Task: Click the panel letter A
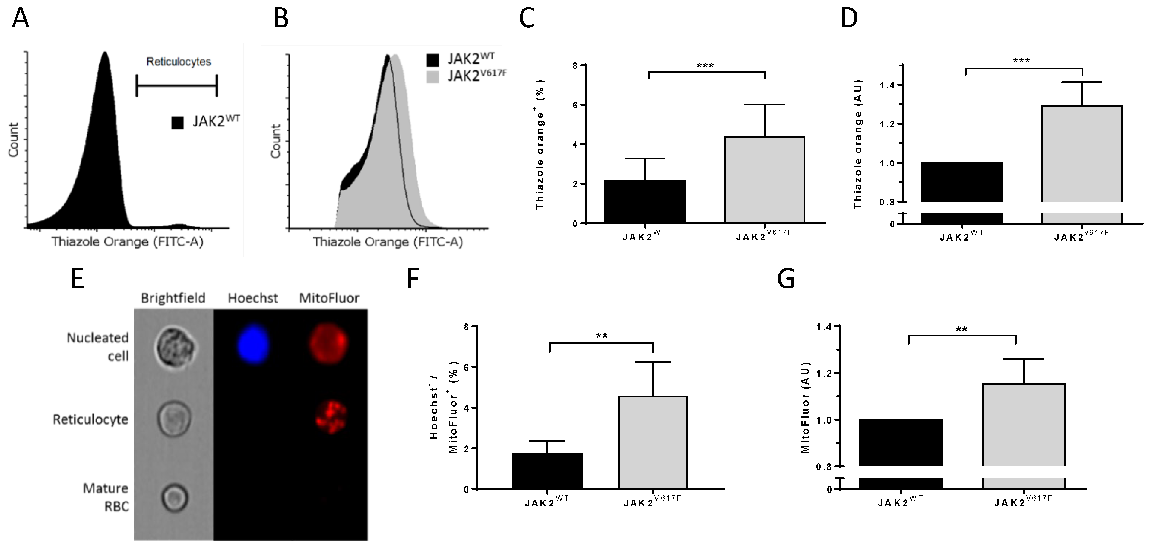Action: [x=21, y=19]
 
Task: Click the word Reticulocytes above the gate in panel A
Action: [x=179, y=62]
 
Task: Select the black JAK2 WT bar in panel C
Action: [x=645, y=201]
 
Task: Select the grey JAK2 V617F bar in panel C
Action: [x=764, y=180]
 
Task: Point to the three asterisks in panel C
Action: [x=705, y=66]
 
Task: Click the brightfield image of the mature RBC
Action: [x=174, y=497]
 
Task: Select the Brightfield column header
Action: [x=173, y=298]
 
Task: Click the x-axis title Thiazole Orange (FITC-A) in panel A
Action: [x=127, y=242]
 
